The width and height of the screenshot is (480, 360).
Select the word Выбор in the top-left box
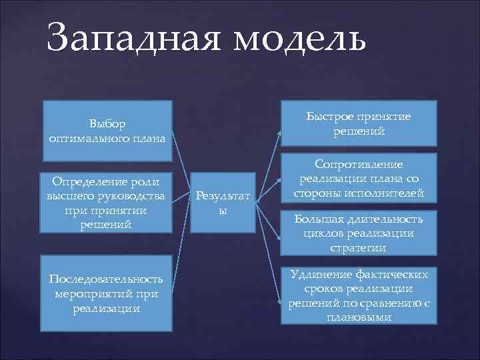[x=107, y=123]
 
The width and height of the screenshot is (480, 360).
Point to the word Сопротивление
[x=359, y=164]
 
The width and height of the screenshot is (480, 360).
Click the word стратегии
[x=359, y=247]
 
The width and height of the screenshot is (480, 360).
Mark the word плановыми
[x=359, y=317]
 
